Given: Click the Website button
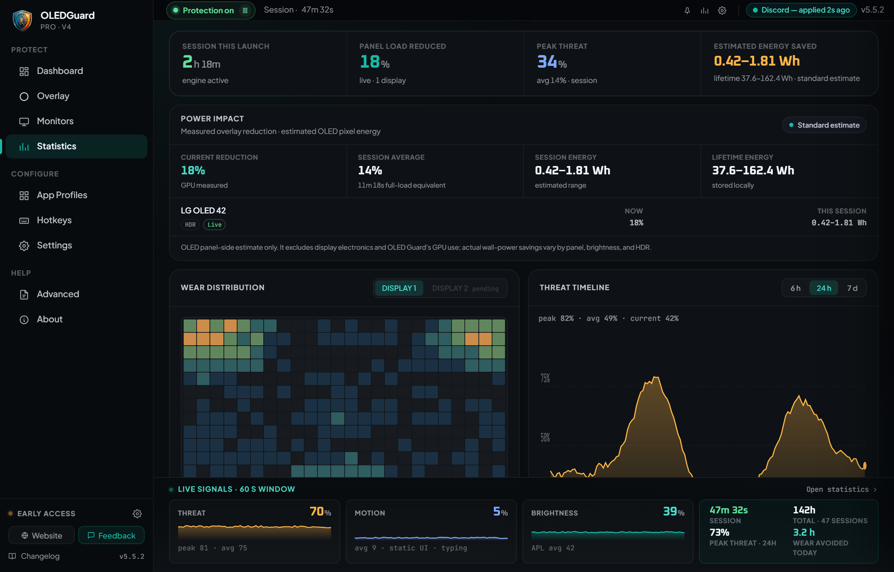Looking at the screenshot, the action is click(x=42, y=535).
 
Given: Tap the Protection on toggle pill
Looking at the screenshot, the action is click(x=211, y=10).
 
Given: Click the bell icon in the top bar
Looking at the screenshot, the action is click(x=687, y=10).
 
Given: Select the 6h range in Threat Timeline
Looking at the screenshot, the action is click(x=796, y=288).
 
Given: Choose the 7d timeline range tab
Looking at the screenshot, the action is click(x=852, y=288).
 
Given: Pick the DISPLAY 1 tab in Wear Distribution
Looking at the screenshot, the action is click(x=399, y=288).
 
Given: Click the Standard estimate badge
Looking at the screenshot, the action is click(x=825, y=125).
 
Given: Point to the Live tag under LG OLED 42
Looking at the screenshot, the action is click(x=214, y=225).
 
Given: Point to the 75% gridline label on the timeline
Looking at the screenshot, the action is click(x=545, y=378).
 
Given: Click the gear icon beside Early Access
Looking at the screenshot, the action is click(x=137, y=514).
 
